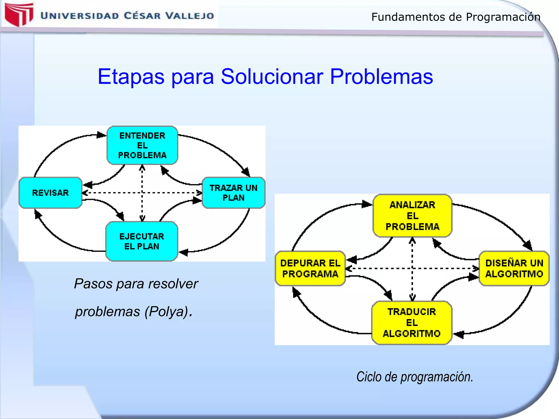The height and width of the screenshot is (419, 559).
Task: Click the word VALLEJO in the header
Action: pyautogui.click(x=190, y=16)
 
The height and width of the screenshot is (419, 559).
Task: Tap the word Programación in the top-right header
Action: pyautogui.click(x=503, y=17)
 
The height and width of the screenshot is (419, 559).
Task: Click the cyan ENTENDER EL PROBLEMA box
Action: pyautogui.click(x=142, y=145)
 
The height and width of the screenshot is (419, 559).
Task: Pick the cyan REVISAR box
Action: pyautogui.click(x=50, y=193)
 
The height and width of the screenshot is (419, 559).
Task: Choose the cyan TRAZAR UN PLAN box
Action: pyautogui.click(x=233, y=193)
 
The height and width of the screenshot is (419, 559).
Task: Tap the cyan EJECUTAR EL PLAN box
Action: pyautogui.click(x=142, y=241)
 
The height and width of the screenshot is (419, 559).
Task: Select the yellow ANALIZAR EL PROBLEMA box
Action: pyautogui.click(x=412, y=216)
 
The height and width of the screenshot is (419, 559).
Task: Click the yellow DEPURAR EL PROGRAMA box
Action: pyautogui.click(x=310, y=268)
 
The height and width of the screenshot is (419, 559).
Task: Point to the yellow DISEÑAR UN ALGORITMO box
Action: pyautogui.click(x=514, y=268)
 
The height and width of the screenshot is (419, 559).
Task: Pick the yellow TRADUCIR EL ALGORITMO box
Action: pyautogui.click(x=412, y=323)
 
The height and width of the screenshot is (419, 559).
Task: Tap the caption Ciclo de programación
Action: pyautogui.click(x=414, y=377)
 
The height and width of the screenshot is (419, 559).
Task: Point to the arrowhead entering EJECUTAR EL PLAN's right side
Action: pyautogui.click(x=183, y=252)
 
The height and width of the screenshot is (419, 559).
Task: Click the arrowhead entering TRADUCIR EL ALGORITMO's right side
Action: pyautogui.click(x=459, y=334)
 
